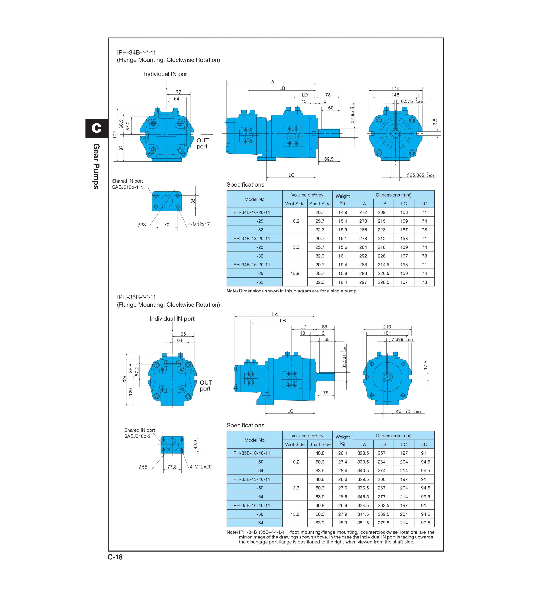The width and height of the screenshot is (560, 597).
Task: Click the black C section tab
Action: pyautogui.click(x=96, y=128)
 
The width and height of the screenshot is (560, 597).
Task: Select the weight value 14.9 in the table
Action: pyautogui.click(x=343, y=212)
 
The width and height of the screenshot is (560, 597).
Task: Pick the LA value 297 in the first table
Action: pyautogui.click(x=363, y=282)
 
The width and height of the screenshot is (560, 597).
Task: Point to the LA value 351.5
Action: pyautogui.click(x=363, y=523)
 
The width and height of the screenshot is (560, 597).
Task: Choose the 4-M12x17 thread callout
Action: pyautogui.click(x=199, y=224)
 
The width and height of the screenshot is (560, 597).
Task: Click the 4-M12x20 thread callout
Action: pyautogui.click(x=200, y=467)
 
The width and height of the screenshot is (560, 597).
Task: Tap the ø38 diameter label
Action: pyautogui.click(x=141, y=225)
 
